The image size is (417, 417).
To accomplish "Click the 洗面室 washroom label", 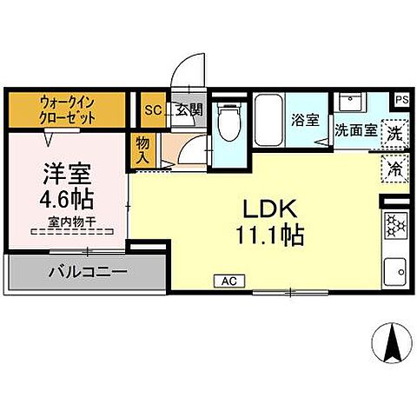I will [356, 131].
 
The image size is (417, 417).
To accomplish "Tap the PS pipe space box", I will [401, 99].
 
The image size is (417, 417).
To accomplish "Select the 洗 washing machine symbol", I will [394, 135].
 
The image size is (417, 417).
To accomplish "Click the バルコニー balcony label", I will [88, 272].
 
